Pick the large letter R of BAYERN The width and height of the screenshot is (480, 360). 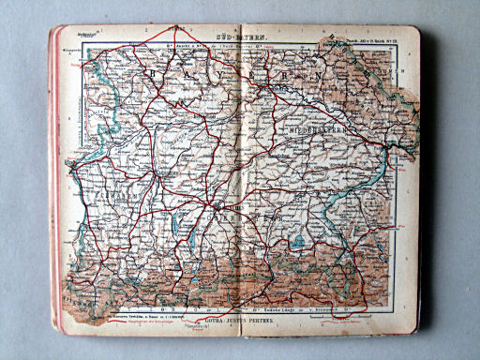[298, 72]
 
